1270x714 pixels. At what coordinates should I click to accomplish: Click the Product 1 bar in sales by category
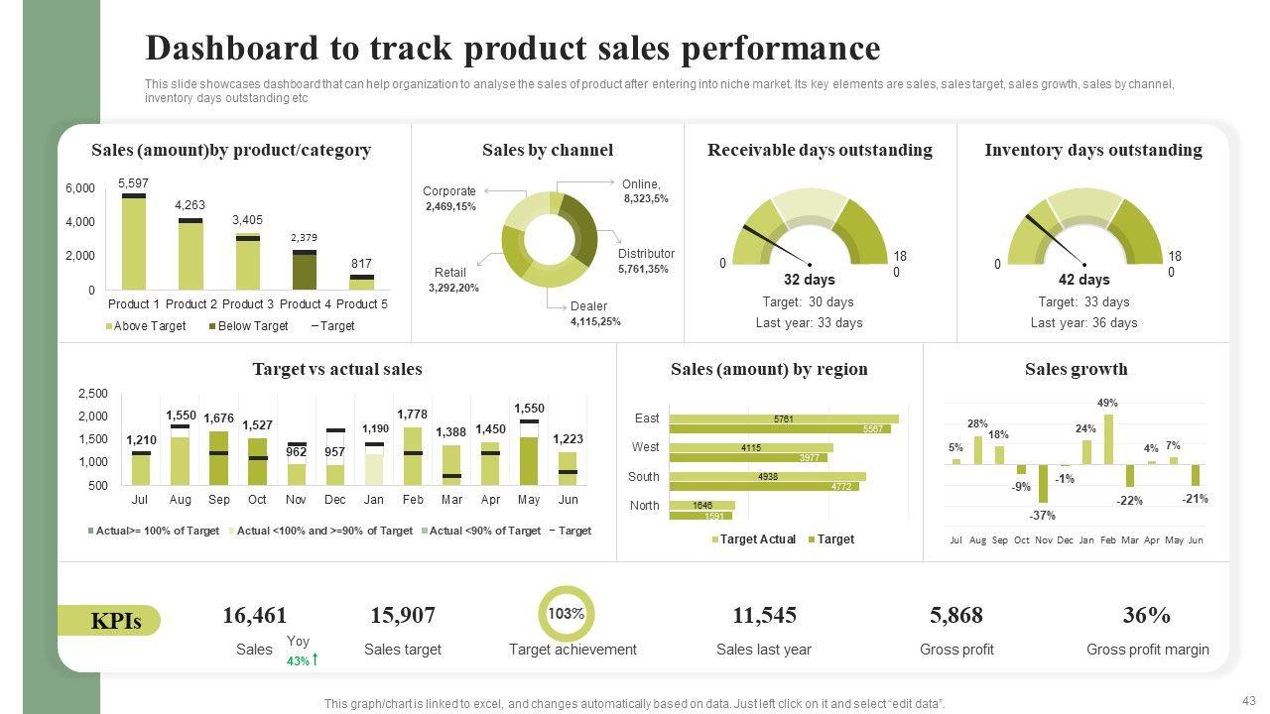133,242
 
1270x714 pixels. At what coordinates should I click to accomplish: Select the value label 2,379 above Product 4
304,238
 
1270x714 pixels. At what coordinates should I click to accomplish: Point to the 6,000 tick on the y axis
80,188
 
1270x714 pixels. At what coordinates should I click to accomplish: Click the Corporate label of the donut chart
449,191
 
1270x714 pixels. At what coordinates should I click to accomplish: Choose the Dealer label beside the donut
589,306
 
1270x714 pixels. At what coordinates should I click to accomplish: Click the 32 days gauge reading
810,280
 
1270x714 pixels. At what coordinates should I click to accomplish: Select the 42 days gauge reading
1084,280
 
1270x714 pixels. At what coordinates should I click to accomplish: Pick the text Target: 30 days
808,302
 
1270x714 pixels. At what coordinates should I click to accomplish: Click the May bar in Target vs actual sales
529,458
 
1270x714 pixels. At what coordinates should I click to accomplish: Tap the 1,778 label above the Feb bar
412,415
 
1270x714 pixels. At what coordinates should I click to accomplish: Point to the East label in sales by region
647,418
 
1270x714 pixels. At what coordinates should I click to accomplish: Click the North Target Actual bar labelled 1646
701,506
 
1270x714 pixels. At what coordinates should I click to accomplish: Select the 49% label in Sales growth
1108,403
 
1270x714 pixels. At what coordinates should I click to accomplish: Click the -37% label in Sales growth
1042,516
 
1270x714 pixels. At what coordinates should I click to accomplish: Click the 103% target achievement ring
567,614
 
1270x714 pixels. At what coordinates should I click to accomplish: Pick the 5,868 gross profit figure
956,616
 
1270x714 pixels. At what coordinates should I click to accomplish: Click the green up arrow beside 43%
315,659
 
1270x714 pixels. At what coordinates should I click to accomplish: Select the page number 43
1248,700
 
